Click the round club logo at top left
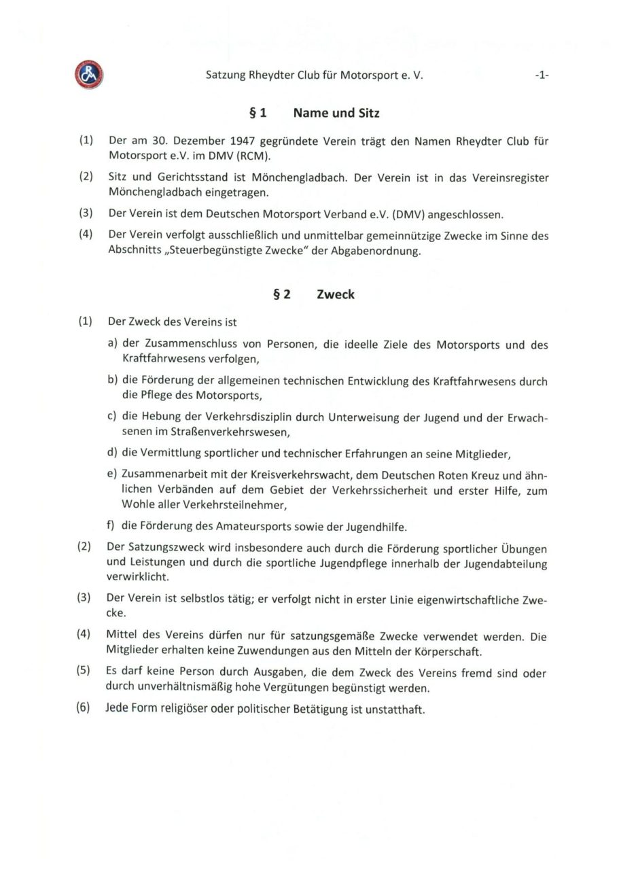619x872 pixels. [89, 75]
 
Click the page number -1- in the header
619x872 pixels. [541, 76]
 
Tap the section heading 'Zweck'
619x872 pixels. [336, 295]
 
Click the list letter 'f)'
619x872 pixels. [113, 526]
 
